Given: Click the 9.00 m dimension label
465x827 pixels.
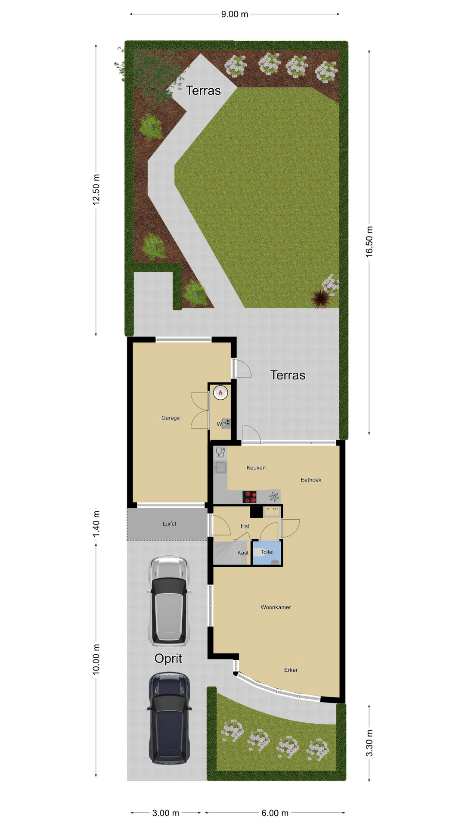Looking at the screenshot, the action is [235, 14].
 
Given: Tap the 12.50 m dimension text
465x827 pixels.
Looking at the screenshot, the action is [96, 190].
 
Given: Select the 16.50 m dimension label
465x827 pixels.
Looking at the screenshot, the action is [369, 242].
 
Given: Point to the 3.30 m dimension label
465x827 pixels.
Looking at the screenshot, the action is [369, 743].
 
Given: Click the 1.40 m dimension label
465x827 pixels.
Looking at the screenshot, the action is [96, 524].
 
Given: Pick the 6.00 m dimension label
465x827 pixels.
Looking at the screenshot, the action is [275, 813].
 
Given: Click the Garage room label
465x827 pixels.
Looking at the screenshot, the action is [170, 418].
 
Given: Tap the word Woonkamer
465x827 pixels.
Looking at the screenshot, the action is [276, 607].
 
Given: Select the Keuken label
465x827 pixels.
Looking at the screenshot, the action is [256, 468].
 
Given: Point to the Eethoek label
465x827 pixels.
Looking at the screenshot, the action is [311, 480].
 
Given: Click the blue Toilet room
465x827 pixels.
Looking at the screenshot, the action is [267, 553].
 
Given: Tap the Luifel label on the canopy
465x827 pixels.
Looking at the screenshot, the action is [169, 524].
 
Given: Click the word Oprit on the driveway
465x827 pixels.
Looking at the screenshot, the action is [168, 659].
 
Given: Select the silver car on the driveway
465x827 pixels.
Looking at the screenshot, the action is [169, 601].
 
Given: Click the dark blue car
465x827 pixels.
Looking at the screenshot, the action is [169, 719].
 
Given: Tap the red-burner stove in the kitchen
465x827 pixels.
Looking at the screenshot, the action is [250, 497].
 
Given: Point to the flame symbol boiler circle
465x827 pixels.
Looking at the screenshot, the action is [220, 392].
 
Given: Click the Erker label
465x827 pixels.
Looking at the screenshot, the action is [291, 670].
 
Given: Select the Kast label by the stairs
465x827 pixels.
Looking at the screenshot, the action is [243, 553].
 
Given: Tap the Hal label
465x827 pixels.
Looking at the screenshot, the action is [245, 526].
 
